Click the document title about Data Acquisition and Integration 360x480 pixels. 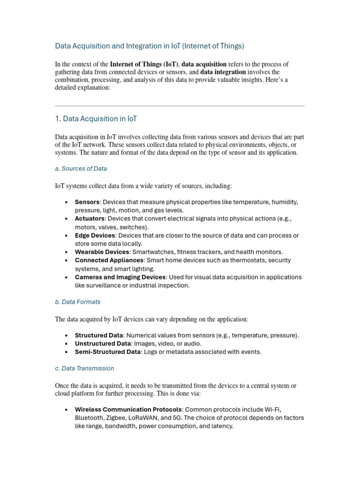click(x=150, y=46)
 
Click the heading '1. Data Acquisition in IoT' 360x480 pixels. click(x=96, y=119)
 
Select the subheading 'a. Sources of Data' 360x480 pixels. click(x=81, y=168)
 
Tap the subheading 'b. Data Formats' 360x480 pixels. click(x=77, y=302)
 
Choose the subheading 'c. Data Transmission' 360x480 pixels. click(x=84, y=368)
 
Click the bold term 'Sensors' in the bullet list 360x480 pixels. click(x=87, y=202)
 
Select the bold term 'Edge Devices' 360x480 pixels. click(x=95, y=235)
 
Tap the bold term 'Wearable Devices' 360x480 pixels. click(x=102, y=252)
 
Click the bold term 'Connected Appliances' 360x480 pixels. click(x=109, y=260)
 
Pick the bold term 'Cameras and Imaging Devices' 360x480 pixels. click(x=120, y=277)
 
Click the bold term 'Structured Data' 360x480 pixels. click(x=99, y=335)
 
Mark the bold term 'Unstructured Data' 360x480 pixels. click(x=103, y=344)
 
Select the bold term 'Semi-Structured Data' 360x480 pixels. click(x=107, y=352)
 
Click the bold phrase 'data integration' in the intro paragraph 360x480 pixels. click(x=223, y=72)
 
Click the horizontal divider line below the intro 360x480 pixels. click(x=180, y=106)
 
